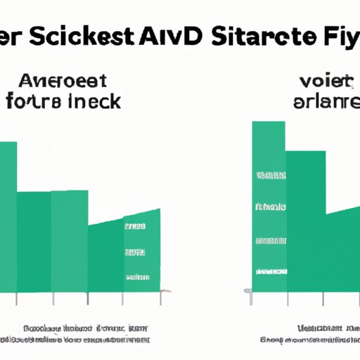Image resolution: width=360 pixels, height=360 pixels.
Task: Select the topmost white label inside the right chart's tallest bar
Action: (269, 173)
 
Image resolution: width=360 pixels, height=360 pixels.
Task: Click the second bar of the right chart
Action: (306, 225)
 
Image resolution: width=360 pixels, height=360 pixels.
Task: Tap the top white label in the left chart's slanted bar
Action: (134, 227)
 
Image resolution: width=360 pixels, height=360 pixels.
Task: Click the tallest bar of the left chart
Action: (8, 218)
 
